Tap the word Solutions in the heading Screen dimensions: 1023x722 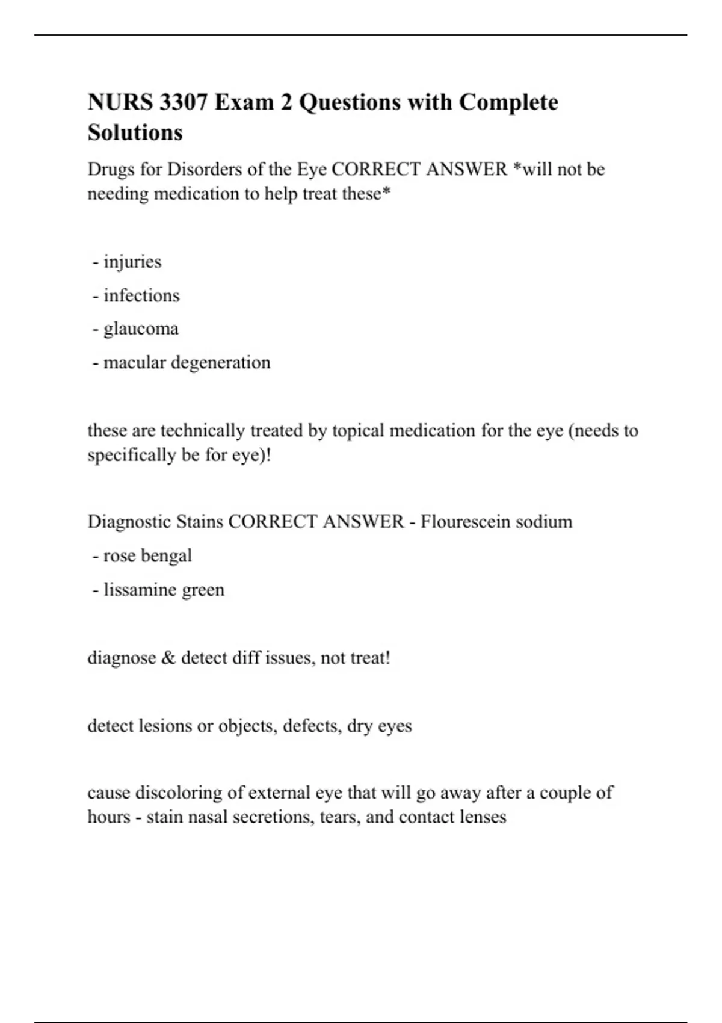135,132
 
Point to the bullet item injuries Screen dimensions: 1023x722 132,262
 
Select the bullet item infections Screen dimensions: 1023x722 141,295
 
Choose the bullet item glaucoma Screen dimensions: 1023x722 141,329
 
